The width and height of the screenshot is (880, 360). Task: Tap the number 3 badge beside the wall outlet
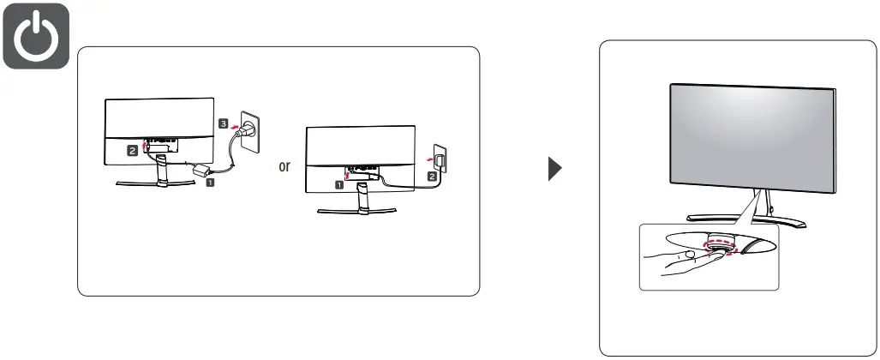pyautogui.click(x=224, y=123)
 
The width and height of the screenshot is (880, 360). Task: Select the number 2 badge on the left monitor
pyautogui.click(x=132, y=150)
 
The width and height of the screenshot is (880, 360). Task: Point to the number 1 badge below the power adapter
pyautogui.click(x=210, y=183)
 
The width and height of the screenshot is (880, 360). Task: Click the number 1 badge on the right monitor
pyautogui.click(x=339, y=183)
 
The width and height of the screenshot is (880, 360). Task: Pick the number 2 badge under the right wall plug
pyautogui.click(x=432, y=177)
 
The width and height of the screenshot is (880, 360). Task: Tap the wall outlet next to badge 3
pyautogui.click(x=249, y=128)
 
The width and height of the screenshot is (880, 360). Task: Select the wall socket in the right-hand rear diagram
pyautogui.click(x=440, y=159)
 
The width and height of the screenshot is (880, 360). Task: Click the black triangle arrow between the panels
pyautogui.click(x=555, y=167)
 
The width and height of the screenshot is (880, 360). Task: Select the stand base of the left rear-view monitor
pyautogui.click(x=157, y=183)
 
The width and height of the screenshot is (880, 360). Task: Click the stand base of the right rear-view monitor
pyautogui.click(x=361, y=210)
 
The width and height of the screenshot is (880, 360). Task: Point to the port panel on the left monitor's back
pyautogui.click(x=160, y=138)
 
